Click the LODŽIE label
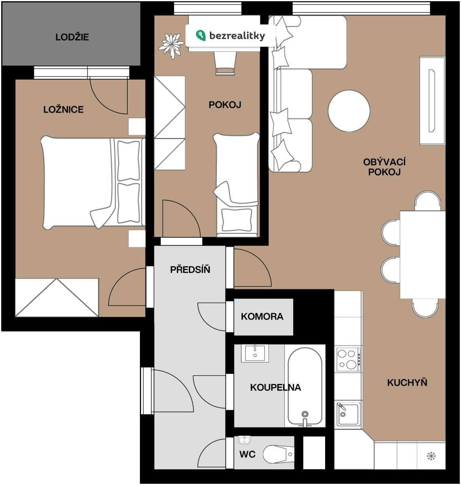[x=72, y=37]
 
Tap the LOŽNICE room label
[x=63, y=109]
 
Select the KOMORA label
[x=262, y=316]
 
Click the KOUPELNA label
[x=275, y=387]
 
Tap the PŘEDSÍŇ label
[x=190, y=269]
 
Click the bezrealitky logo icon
[x=201, y=36]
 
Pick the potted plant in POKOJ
[x=171, y=46]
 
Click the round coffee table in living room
[x=349, y=111]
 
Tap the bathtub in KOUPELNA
[x=305, y=387]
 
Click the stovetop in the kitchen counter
[x=349, y=359]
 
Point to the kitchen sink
[x=349, y=414]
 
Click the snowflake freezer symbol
[x=431, y=456]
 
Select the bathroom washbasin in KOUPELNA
[x=255, y=353]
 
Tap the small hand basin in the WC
[x=244, y=441]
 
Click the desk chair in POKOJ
[x=225, y=63]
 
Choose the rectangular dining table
[x=423, y=255]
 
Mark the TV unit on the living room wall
[x=432, y=101]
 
